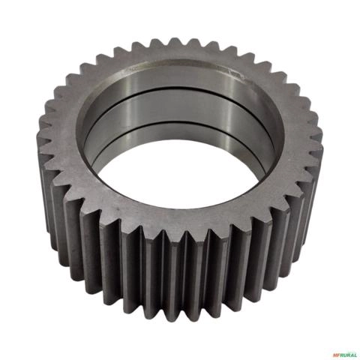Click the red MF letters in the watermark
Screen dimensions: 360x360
click(335, 355)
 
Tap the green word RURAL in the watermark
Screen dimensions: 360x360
click(347, 355)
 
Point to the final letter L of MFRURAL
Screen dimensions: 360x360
click(355, 355)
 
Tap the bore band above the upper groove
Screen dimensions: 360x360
click(180, 75)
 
